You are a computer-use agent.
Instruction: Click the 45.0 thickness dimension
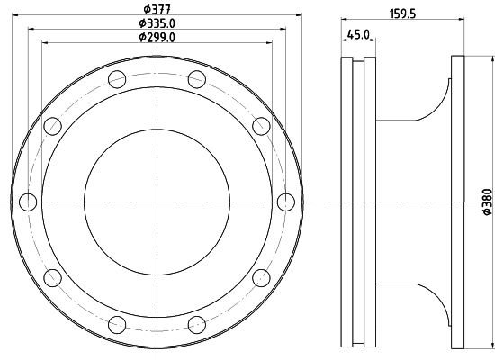(x=357, y=34)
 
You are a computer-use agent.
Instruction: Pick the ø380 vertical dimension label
(x=485, y=202)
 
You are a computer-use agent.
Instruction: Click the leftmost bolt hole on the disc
(x=28, y=201)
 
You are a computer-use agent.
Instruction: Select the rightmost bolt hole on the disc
(x=285, y=201)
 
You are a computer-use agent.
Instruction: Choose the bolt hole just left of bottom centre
(x=117, y=323)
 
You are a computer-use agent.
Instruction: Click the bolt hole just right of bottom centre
(x=196, y=323)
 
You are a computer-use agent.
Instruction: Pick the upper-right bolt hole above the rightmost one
(x=261, y=125)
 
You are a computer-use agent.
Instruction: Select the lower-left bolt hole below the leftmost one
(x=52, y=276)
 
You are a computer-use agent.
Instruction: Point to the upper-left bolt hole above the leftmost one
(x=52, y=125)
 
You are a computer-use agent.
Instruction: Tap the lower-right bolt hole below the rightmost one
(x=261, y=276)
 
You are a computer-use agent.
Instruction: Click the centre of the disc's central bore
(x=157, y=201)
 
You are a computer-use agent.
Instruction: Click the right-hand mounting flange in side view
(x=458, y=201)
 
